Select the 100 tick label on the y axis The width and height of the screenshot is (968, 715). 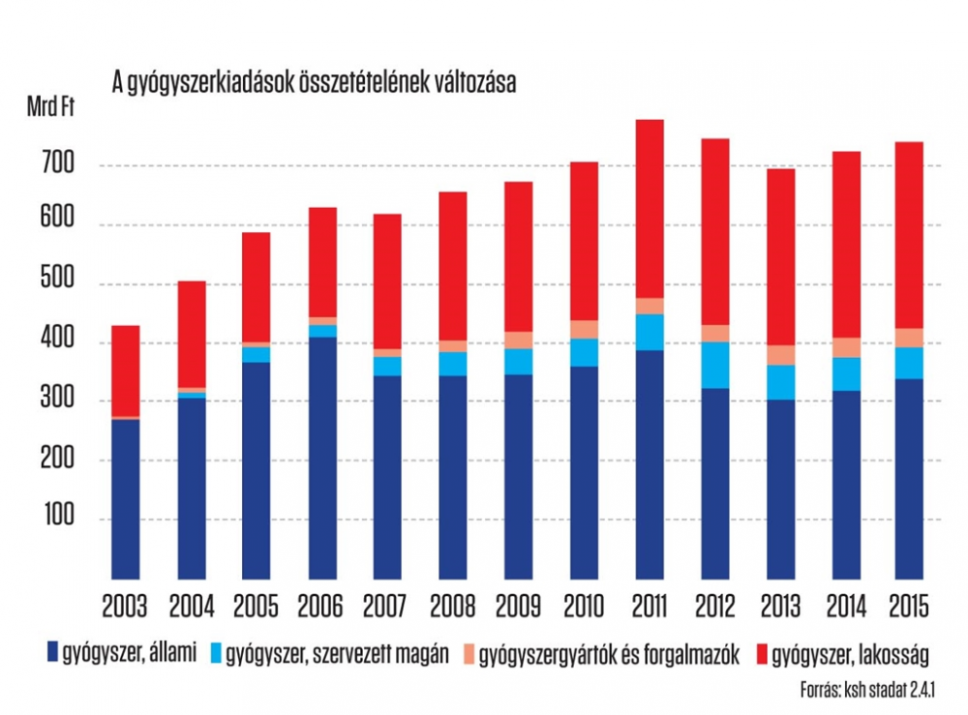point(58,519)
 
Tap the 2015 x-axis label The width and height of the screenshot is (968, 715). point(907,606)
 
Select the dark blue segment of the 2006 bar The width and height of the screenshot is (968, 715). point(316,455)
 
